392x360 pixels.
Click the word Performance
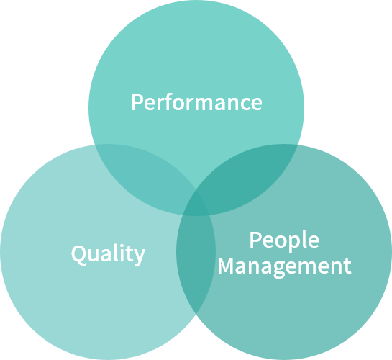pyautogui.click(x=196, y=102)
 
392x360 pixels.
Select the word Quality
pyautogui.click(x=108, y=254)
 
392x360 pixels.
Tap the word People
pyautogui.click(x=284, y=241)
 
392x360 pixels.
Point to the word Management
pyautogui.click(x=285, y=266)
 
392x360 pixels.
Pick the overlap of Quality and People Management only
pyautogui.click(x=196, y=263)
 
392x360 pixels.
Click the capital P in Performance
pyautogui.click(x=137, y=102)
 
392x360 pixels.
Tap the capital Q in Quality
pyautogui.click(x=78, y=253)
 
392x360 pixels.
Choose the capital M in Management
pyautogui.click(x=226, y=265)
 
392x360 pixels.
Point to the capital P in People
pyautogui.click(x=255, y=240)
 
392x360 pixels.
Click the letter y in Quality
pyautogui.click(x=139, y=257)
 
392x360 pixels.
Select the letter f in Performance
pyautogui.click(x=169, y=102)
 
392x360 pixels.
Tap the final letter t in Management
pyautogui.click(x=347, y=266)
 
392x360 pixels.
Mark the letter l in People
pyautogui.click(x=306, y=239)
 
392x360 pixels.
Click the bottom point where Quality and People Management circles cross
pyautogui.click(x=196, y=314)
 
